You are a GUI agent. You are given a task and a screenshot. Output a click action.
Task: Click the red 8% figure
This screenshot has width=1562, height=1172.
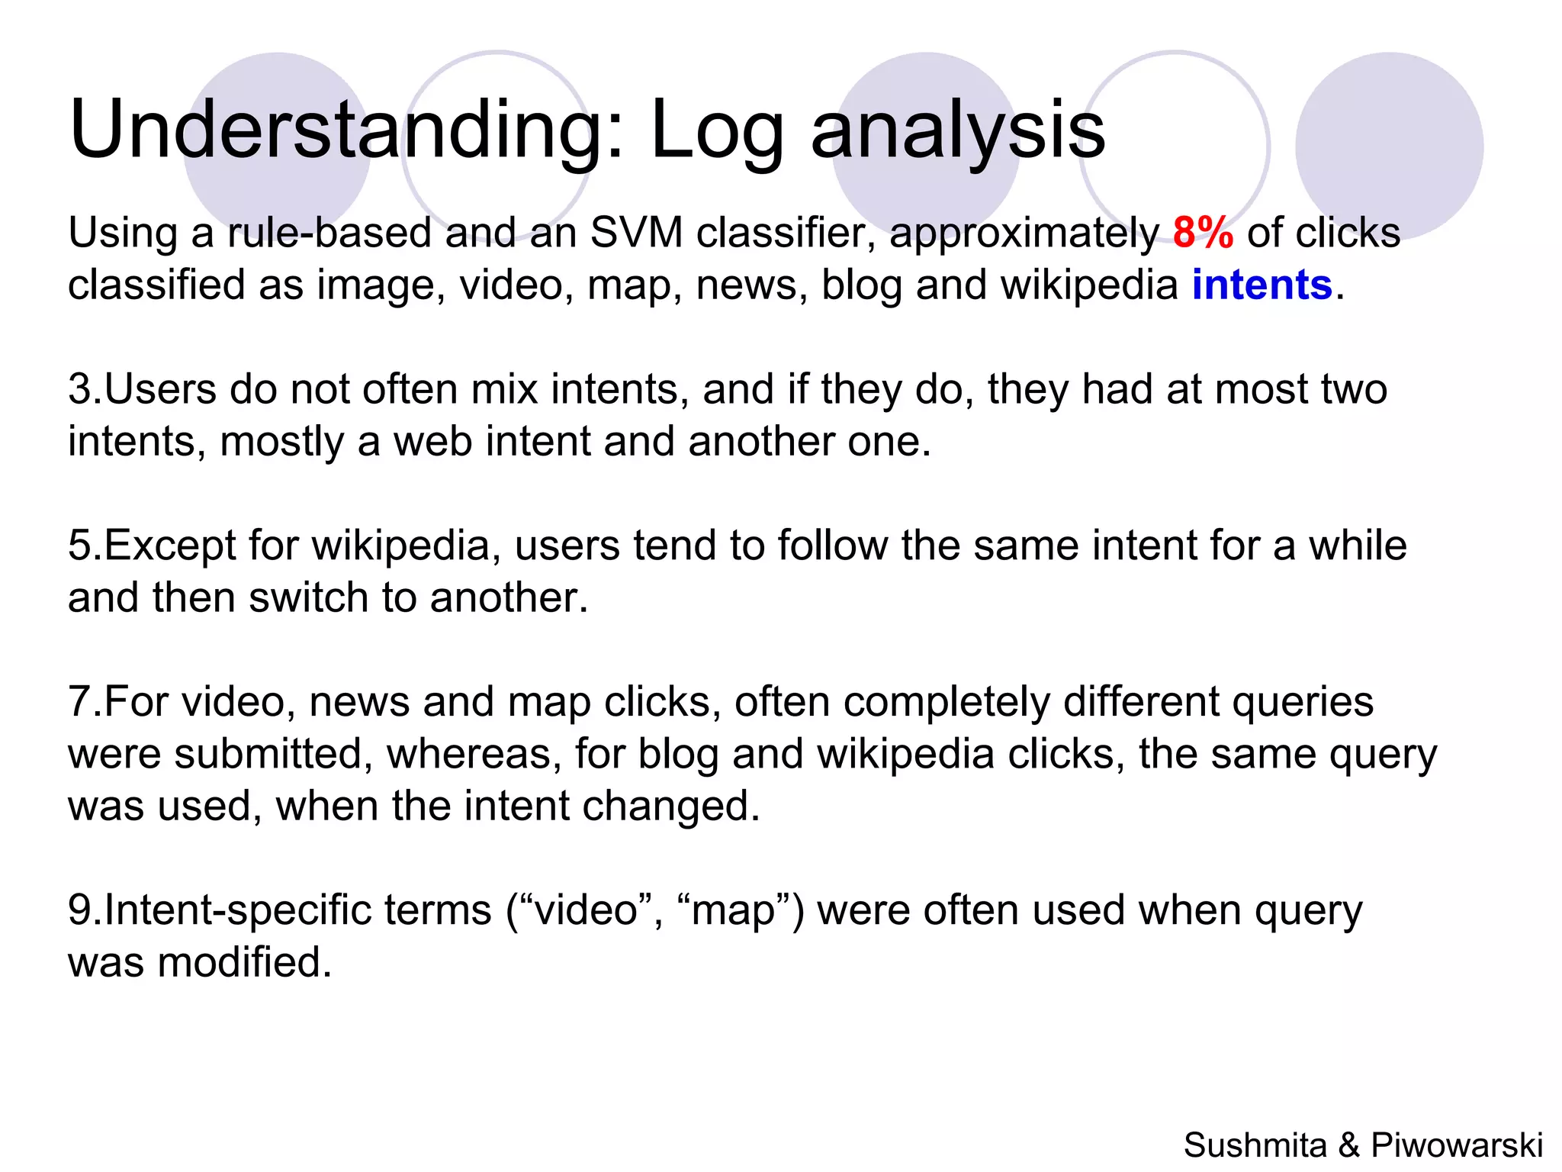[1203, 233]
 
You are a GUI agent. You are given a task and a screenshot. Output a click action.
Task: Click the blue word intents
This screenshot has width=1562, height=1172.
[1261, 285]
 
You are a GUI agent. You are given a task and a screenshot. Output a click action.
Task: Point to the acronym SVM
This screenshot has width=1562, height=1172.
[636, 233]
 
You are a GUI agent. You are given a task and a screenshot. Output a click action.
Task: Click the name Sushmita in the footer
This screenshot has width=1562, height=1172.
[1255, 1145]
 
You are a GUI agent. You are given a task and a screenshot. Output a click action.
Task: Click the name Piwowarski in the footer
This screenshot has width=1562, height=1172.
[1457, 1145]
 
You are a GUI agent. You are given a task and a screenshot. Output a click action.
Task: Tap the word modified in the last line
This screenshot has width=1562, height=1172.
[244, 962]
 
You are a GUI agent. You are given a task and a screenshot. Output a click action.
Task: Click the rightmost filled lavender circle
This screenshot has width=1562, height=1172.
[1389, 146]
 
